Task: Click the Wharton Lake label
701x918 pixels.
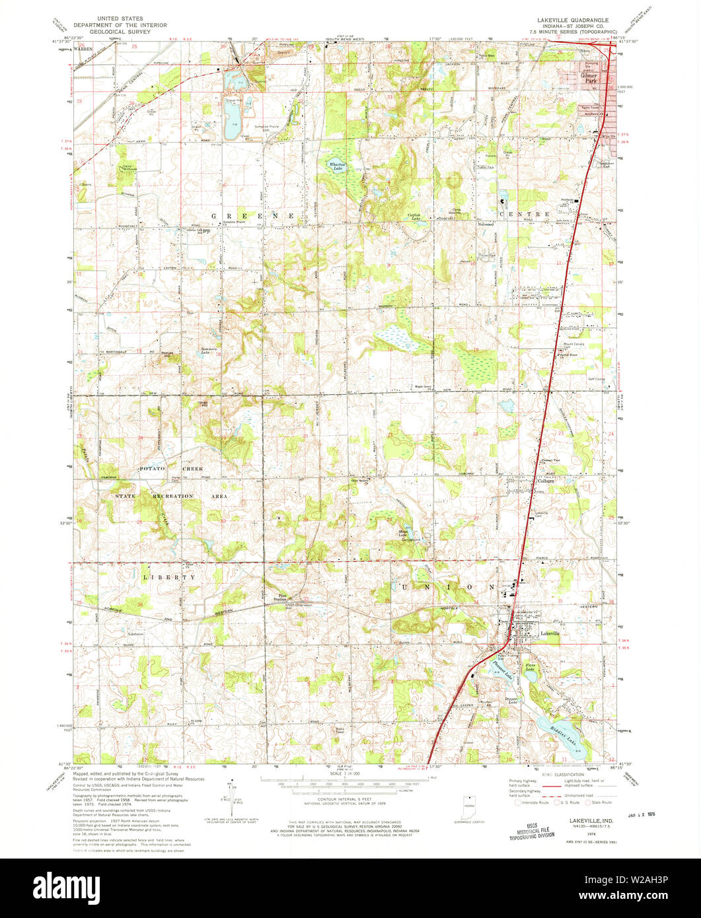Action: pyautogui.click(x=337, y=167)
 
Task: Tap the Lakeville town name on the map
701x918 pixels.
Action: pyautogui.click(x=550, y=633)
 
